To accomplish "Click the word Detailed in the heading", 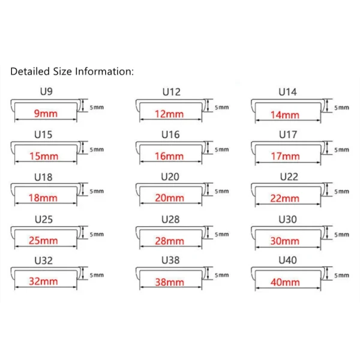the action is click(x=30, y=71).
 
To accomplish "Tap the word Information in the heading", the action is click(x=104, y=71).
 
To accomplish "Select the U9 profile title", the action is click(x=46, y=91).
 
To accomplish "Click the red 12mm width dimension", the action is click(x=169, y=114).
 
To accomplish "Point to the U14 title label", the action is click(x=287, y=92).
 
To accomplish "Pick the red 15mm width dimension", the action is click(x=44, y=157).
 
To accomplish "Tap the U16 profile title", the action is click(x=170, y=134).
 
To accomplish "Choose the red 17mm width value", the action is click(x=286, y=157).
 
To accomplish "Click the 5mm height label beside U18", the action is click(x=97, y=191).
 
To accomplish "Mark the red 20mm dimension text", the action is click(x=170, y=198).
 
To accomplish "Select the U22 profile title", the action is click(x=289, y=177).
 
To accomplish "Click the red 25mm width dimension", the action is click(x=43, y=241).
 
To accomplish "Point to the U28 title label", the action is click(x=170, y=220).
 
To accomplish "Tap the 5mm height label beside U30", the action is click(x=341, y=235).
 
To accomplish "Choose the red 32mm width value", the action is click(x=43, y=281).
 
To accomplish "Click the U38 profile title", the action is click(x=170, y=260).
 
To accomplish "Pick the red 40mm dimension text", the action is click(x=285, y=282).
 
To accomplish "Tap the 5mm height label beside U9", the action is click(x=97, y=107).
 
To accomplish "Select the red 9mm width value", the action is click(x=46, y=113).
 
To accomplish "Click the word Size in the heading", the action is click(x=62, y=71).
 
